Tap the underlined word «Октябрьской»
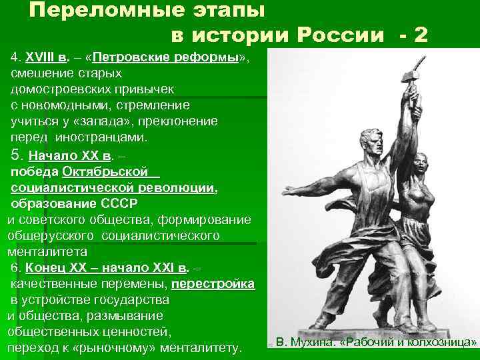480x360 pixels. [x=105, y=173]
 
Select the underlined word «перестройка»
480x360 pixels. [x=213, y=283]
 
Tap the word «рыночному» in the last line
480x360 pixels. [x=133, y=347]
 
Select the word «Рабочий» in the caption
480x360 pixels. [x=368, y=343]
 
